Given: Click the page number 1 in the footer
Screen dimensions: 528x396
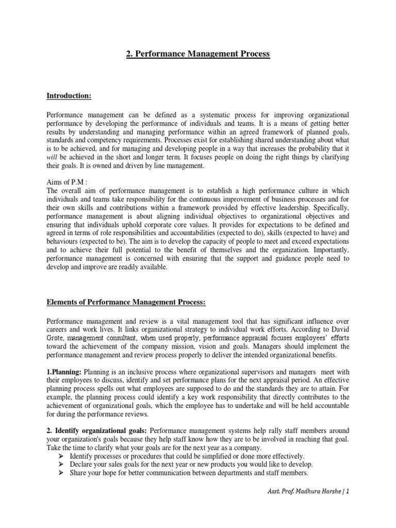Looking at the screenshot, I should (348, 492).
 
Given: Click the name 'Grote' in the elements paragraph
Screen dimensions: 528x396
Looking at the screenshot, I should (56, 338).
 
